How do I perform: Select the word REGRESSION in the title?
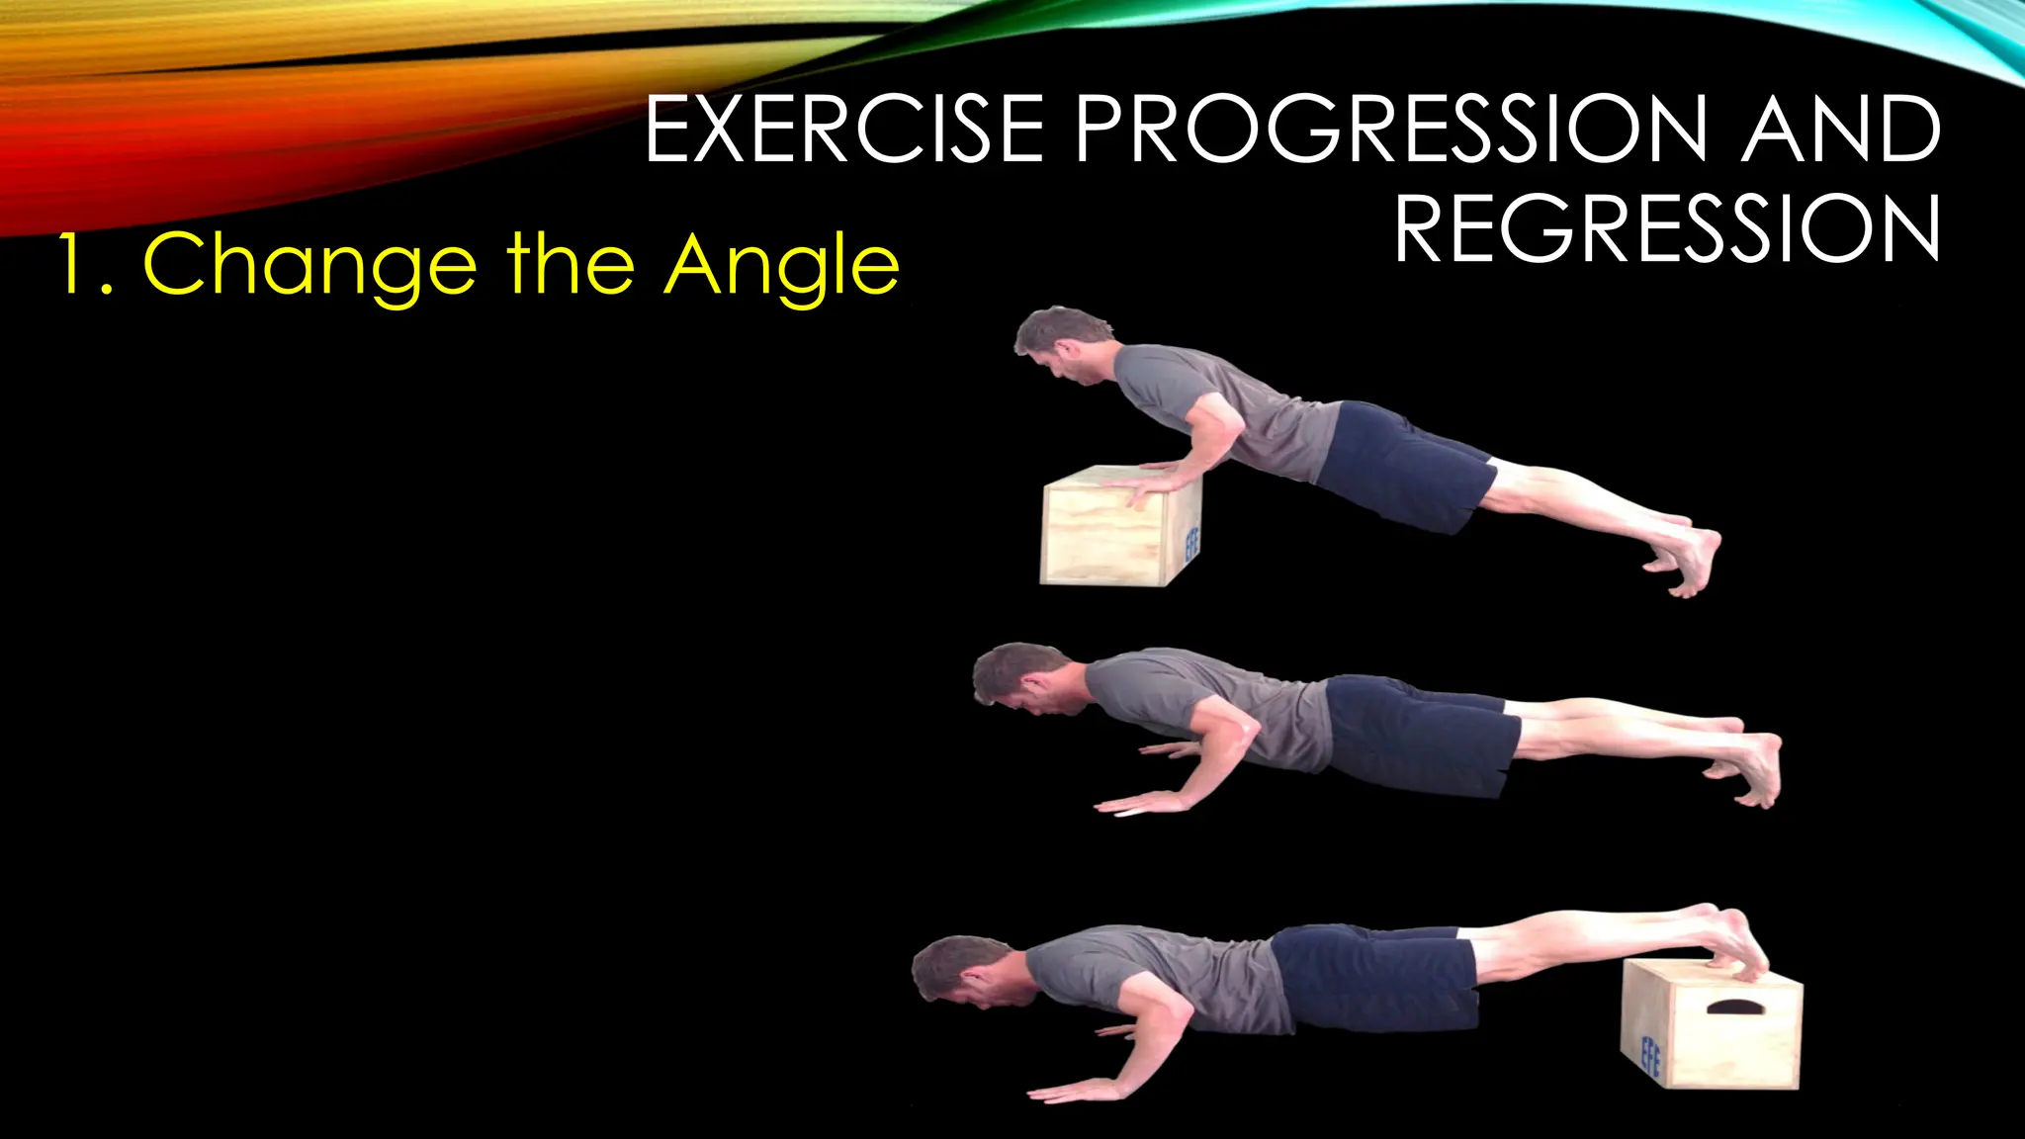pos(1667,229)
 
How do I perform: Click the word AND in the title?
pos(1841,129)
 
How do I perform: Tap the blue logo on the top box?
pos(1191,542)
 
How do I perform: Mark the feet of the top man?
pos(1691,559)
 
